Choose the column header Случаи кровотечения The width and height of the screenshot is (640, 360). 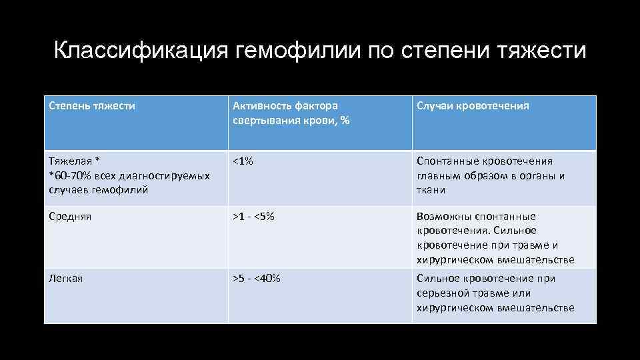click(473, 106)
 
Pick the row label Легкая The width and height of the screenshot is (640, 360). click(67, 279)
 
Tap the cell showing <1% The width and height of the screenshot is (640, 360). click(243, 161)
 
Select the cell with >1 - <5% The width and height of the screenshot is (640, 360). click(253, 217)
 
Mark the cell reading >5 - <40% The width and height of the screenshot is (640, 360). click(256, 279)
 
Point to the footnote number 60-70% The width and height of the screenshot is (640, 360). click(72, 175)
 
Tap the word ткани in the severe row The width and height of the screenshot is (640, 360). click(431, 190)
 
